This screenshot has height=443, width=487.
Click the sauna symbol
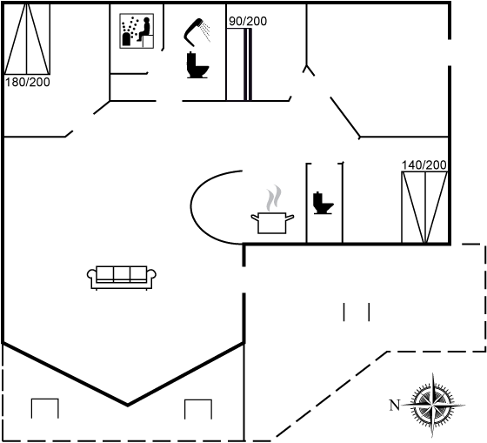coord(137,30)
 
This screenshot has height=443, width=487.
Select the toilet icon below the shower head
coord(197,65)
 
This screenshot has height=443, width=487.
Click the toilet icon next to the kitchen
coord(323,203)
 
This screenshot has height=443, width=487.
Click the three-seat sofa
coord(122,278)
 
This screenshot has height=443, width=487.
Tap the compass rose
coord(432,405)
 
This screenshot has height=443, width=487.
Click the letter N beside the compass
coord(395,405)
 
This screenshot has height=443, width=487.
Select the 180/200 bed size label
coord(27,83)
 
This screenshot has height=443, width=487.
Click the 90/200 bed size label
coord(248,21)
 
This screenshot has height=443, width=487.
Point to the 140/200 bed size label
coord(424,165)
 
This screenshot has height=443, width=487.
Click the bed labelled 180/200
coord(27,38)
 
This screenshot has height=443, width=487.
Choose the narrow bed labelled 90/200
coord(239,64)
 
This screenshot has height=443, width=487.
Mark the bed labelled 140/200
coord(424,207)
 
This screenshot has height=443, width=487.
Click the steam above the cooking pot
coord(274,198)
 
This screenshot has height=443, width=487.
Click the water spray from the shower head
coord(205,31)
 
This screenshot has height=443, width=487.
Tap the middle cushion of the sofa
coord(122,273)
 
